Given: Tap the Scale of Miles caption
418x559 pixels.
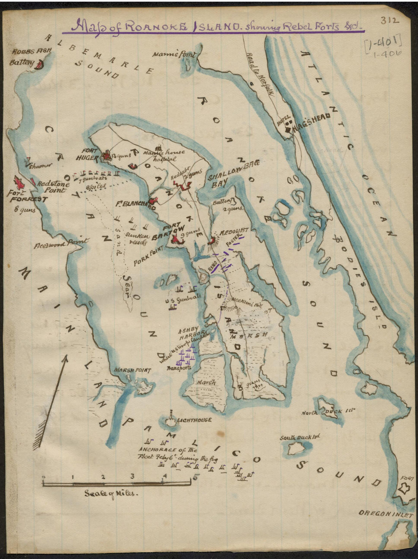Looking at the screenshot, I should (111, 493).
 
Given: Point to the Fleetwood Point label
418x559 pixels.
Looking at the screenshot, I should (61, 242).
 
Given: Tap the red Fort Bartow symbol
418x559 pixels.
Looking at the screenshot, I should (176, 239).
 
